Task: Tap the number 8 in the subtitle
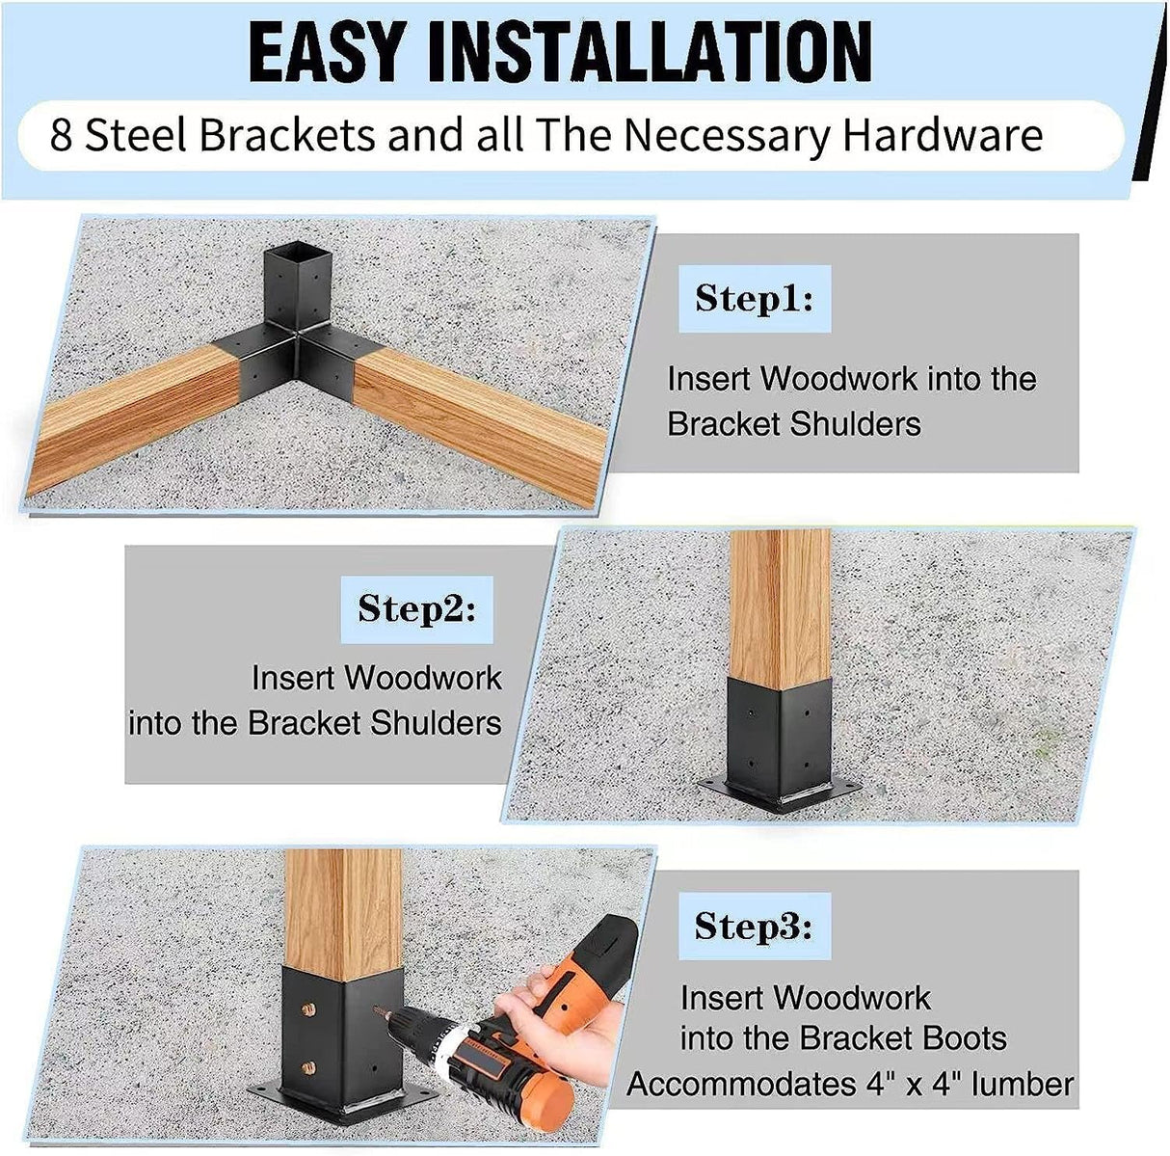coord(61,136)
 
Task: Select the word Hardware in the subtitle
coord(943,136)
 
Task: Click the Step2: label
coord(416,609)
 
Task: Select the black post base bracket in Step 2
coord(779,742)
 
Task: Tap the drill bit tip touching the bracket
coord(379,1014)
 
